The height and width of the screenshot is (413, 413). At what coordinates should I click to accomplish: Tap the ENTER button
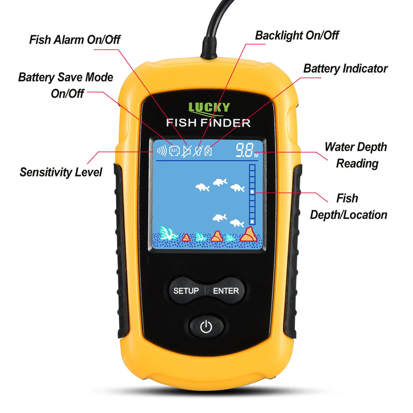[x=226, y=291]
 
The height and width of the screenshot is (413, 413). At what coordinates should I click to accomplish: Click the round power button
[x=206, y=327]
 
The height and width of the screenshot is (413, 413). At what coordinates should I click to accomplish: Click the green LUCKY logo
[x=209, y=108]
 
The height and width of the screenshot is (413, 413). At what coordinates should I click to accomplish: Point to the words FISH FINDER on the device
[x=208, y=123]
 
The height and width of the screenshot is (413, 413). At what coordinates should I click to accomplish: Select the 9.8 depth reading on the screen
[x=244, y=151]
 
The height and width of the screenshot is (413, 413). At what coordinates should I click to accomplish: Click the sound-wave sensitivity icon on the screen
[x=162, y=151]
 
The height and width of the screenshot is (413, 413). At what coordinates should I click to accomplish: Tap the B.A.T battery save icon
[x=174, y=151]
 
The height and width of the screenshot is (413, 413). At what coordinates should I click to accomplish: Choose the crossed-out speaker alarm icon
[x=186, y=151]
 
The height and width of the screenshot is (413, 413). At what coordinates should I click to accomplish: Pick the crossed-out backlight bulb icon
[x=197, y=151]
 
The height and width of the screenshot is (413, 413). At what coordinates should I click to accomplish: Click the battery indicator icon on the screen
[x=208, y=151]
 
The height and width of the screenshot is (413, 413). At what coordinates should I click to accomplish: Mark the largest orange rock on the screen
[x=249, y=235]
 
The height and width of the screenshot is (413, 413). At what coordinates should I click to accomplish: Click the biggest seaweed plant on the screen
[x=168, y=233]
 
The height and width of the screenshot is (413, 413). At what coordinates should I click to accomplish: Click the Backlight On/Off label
[x=297, y=36]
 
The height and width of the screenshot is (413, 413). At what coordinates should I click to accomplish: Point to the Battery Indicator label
[x=345, y=68]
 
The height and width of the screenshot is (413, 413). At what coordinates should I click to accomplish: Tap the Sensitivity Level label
[x=61, y=172]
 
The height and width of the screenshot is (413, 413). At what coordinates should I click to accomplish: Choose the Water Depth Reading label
[x=355, y=155]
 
